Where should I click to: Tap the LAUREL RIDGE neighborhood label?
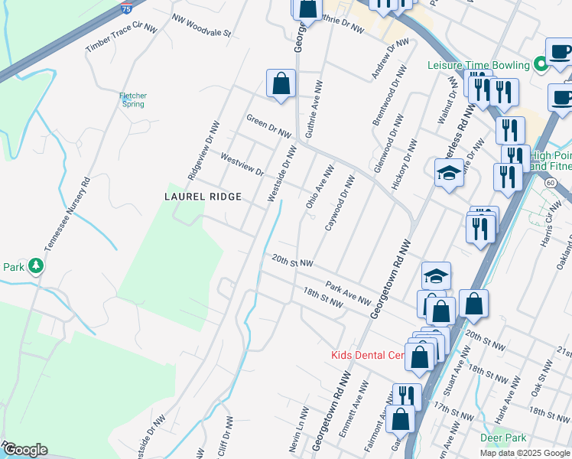pos(203,197)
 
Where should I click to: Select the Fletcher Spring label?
pos(133,100)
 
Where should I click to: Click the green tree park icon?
pos(35,266)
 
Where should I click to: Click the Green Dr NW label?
pos(268,126)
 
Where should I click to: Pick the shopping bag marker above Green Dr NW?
pos(281,84)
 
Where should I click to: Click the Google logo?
pos(24,450)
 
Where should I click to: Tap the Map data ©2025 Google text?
pos(524,453)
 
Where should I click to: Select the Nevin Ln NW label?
pos(297,438)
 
